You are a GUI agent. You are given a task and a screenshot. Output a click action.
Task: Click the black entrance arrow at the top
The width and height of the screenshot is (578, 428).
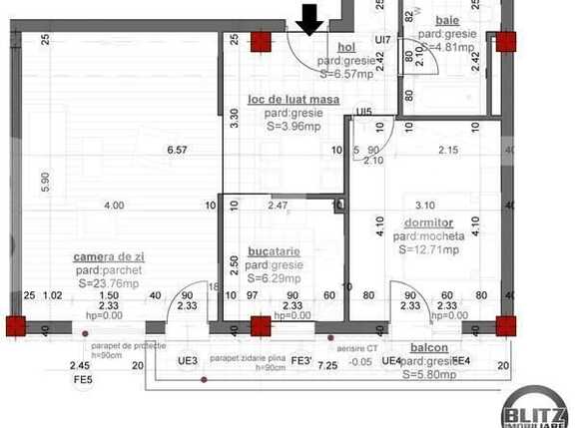point(309,18)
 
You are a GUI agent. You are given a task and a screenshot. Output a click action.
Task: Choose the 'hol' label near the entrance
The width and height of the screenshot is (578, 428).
point(346,47)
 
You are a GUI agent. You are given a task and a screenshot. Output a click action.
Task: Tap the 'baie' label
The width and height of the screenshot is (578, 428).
point(446,20)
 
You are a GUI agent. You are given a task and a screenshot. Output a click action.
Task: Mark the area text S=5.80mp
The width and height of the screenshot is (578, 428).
point(429,375)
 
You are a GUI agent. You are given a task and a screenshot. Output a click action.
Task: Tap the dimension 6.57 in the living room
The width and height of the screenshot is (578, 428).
point(176,151)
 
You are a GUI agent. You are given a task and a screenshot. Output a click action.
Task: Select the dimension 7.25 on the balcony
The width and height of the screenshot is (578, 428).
point(326,367)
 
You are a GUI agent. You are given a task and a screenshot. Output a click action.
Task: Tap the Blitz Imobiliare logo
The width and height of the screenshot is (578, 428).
point(536,407)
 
